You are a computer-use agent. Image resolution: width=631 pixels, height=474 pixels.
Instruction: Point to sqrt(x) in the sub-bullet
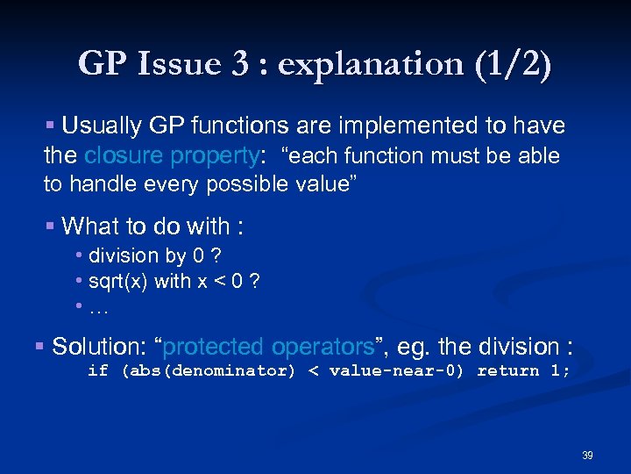[118, 282]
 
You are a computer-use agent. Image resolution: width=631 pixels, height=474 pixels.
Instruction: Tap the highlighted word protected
[215, 347]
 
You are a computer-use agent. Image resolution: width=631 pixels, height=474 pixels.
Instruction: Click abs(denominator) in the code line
[209, 370]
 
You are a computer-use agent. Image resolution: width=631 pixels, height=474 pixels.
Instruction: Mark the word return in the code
[508, 370]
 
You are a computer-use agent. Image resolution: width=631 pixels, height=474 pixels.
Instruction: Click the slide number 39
[587, 456]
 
